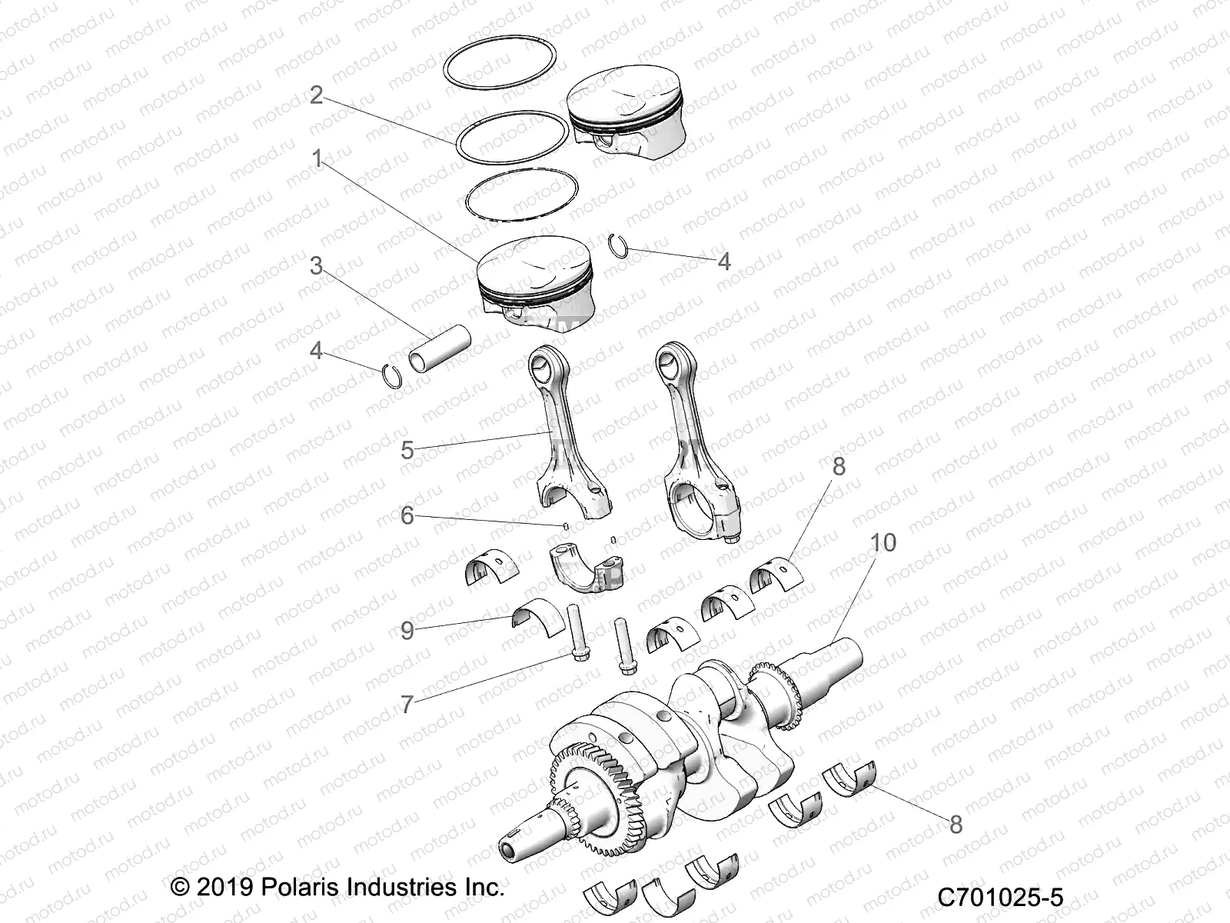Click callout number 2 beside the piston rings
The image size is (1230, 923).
click(x=316, y=96)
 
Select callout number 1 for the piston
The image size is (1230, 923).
click(x=316, y=159)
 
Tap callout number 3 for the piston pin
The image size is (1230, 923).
click(x=316, y=266)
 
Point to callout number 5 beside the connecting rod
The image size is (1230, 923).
click(x=407, y=451)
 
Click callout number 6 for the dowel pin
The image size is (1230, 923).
click(x=407, y=515)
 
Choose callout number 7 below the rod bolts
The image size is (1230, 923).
click(x=407, y=703)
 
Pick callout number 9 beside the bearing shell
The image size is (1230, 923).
click(x=407, y=631)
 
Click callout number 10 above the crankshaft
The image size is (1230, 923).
click(x=883, y=543)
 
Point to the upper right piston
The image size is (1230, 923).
click(x=626, y=112)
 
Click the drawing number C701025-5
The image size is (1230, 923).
click(x=999, y=897)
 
